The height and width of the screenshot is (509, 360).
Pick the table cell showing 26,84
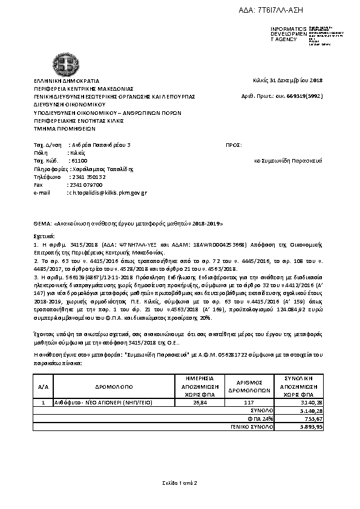(200, 401)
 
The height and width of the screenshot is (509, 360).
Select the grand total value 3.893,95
(312, 426)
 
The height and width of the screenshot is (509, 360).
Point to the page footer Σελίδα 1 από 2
(180, 483)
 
